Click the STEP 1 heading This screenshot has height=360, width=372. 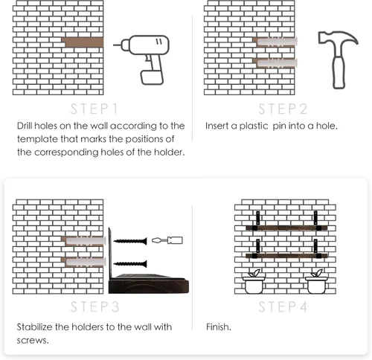(94, 109)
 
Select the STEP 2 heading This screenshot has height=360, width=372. (283, 109)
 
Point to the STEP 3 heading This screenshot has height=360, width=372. (94, 306)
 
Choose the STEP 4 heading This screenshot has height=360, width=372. (283, 306)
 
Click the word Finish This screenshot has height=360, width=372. (219, 327)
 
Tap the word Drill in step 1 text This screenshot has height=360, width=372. (25, 126)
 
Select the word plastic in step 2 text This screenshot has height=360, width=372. (254, 126)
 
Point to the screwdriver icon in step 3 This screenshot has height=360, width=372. (167, 240)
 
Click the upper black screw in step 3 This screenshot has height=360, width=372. (130, 241)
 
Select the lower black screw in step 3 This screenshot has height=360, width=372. (130, 263)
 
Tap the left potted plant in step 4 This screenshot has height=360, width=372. (254, 282)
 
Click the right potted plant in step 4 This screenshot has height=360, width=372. (316, 282)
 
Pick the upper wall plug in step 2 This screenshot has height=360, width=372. (277, 42)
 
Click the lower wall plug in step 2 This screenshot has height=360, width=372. (277, 63)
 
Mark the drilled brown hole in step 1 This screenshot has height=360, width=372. (83, 42)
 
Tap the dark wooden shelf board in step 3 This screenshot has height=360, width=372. (149, 284)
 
